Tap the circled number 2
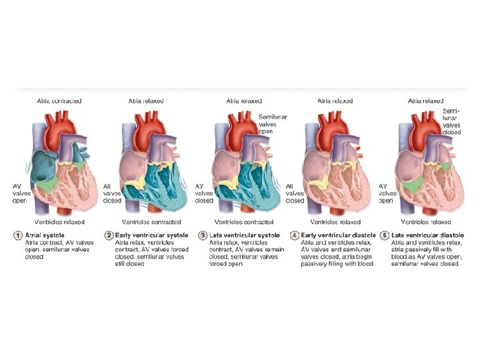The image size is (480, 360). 109,235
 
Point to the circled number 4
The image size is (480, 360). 293,235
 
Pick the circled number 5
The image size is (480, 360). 384,235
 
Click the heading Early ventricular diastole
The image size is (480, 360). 333,235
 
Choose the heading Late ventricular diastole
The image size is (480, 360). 427,235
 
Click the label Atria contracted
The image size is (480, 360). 59,101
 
